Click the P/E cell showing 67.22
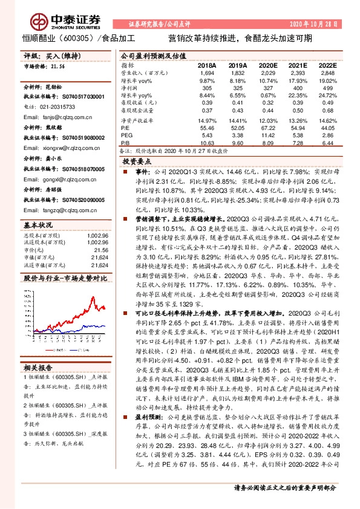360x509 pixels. [267, 129]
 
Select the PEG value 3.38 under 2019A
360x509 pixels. [238, 135]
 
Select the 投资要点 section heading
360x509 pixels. [136, 162]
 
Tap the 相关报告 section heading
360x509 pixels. [38, 368]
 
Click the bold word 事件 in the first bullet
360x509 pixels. [143, 173]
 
